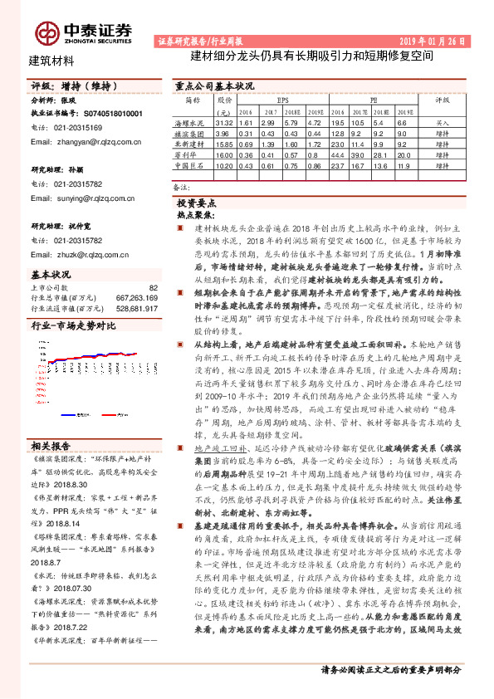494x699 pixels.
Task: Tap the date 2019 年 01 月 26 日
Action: click(x=427, y=41)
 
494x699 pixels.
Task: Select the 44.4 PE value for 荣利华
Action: click(x=340, y=155)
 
